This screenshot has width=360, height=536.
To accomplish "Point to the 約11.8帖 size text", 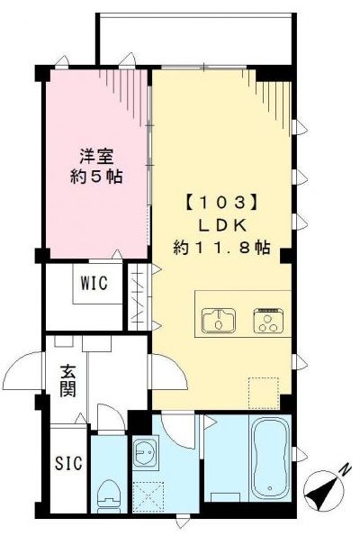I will pyautogui.click(x=221, y=247).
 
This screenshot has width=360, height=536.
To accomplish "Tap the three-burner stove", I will pyautogui.click(x=269, y=319).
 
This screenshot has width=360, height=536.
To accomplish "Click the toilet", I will pyautogui.click(x=108, y=492).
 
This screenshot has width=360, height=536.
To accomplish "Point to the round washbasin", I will pyautogui.click(x=145, y=456).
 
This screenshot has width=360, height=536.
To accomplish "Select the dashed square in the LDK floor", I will pyautogui.click(x=263, y=390).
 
